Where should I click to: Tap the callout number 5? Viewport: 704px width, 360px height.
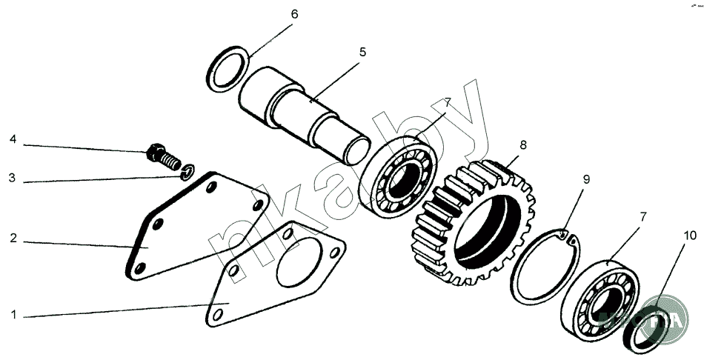(362, 52)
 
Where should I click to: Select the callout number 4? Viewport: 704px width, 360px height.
(13, 139)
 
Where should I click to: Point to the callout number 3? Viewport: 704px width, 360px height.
(13, 178)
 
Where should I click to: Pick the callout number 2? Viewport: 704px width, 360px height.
(13, 239)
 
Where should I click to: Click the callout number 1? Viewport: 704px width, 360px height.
(13, 314)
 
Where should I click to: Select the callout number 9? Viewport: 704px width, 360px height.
(585, 179)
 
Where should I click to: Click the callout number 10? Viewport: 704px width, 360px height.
(689, 236)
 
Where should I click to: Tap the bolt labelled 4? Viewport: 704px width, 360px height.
(162, 156)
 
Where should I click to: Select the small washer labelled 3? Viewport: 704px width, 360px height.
(189, 173)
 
